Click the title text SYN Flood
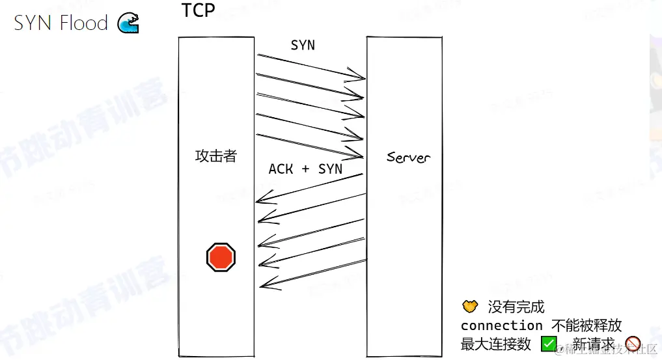pos(61,23)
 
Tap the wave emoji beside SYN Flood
pos(128,23)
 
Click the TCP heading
pos(198,11)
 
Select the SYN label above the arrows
pos(302,45)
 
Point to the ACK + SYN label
pos(305,169)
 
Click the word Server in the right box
pos(408,157)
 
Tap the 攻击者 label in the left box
pos(216,156)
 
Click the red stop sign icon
pos(221,257)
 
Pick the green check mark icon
pos(549,344)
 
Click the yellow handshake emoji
pos(470,306)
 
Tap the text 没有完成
pos(516,307)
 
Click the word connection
pos(501,325)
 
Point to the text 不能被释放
pos(586,325)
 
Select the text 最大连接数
pos(496,344)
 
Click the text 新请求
pos(594,344)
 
